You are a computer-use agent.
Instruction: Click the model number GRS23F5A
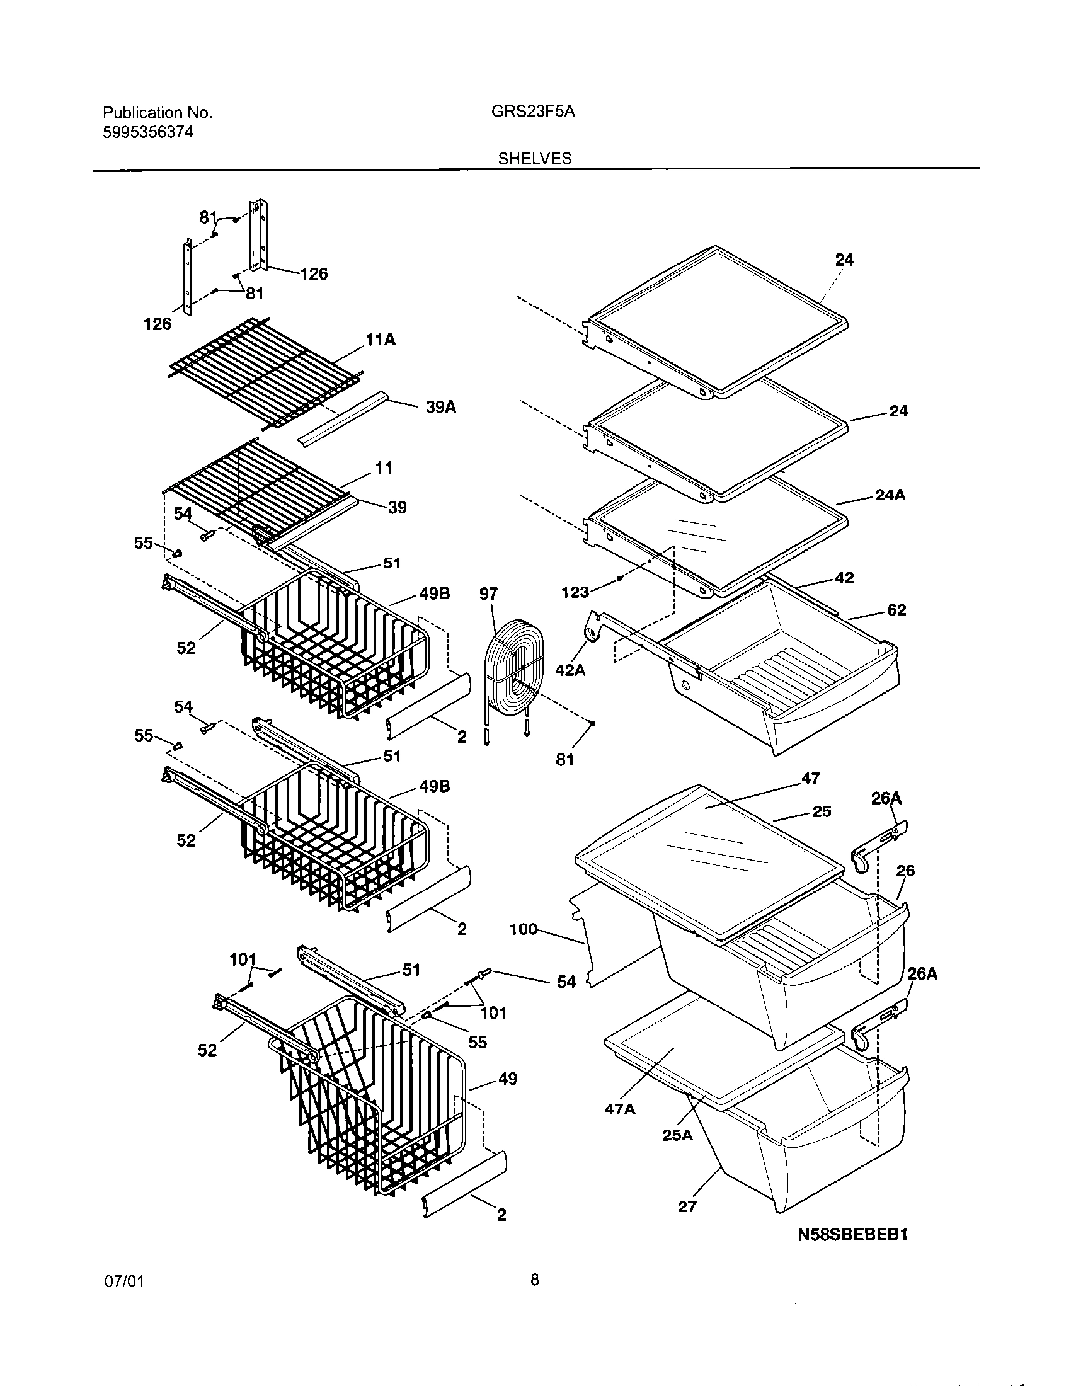click(533, 112)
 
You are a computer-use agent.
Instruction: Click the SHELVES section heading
click(534, 159)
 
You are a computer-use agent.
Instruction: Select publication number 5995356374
click(148, 133)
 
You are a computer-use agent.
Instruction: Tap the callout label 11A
click(380, 340)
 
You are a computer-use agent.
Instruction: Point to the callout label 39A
click(440, 408)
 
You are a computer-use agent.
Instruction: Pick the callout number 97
click(488, 594)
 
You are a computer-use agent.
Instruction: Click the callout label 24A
click(890, 495)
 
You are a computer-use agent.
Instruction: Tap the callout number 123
click(575, 592)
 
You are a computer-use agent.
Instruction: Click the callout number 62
click(896, 610)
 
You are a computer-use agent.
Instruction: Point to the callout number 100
click(524, 931)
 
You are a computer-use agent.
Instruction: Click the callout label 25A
click(677, 1135)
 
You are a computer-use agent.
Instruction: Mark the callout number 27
click(687, 1206)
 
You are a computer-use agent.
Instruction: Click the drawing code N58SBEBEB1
click(853, 1253)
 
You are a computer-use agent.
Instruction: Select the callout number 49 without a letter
click(508, 1079)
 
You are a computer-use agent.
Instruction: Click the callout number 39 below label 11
click(396, 507)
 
